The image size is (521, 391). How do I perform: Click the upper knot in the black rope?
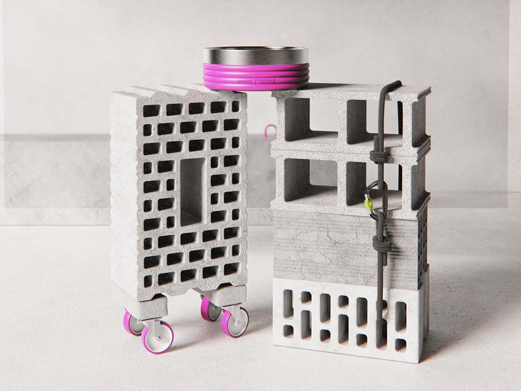point(376,155)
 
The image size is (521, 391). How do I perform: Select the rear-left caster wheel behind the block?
point(131,323)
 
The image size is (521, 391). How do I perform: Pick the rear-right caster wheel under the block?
point(209,310)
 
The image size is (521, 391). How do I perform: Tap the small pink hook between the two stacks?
point(270,132)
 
